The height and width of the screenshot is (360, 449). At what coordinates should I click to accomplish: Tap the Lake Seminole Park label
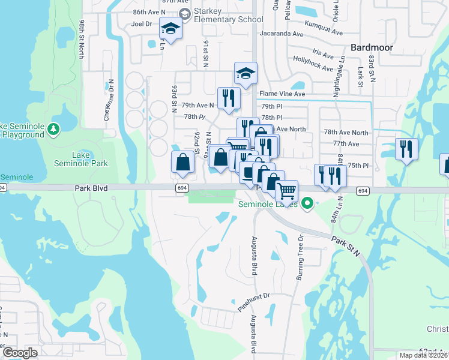89,158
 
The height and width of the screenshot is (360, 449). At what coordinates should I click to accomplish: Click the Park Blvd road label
91,188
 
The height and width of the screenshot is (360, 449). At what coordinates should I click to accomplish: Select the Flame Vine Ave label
282,94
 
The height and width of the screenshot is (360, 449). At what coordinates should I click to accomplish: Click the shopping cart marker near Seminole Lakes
287,191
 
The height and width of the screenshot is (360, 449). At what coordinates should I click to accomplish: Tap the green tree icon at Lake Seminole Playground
53,128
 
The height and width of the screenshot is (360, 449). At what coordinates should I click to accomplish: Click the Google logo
20,353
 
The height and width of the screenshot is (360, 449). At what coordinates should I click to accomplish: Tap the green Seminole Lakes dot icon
307,204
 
